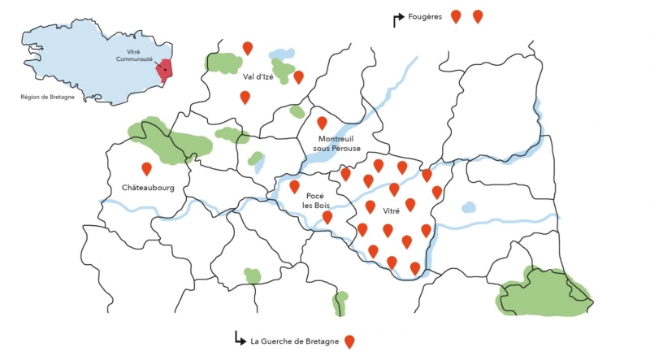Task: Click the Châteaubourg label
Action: pyautogui.click(x=147, y=186)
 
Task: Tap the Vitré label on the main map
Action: pyautogui.click(x=392, y=211)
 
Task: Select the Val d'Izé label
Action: pyautogui.click(x=258, y=77)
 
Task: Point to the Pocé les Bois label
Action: pyautogui.click(x=314, y=201)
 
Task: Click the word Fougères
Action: pyautogui.click(x=426, y=17)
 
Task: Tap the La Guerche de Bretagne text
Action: pyautogui.click(x=295, y=341)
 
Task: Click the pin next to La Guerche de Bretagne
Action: pyautogui.click(x=349, y=341)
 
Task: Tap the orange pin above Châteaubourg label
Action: pyautogui.click(x=147, y=168)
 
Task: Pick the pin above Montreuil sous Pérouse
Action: pyautogui.click(x=322, y=123)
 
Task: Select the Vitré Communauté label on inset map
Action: pyautogui.click(x=128, y=55)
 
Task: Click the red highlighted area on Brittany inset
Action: pyautogui.click(x=165, y=70)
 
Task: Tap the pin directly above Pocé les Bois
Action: pyautogui.click(x=295, y=186)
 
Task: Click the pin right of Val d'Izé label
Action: pyautogui.click(x=298, y=76)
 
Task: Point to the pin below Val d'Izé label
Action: pyautogui.click(x=245, y=97)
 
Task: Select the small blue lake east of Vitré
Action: pyautogui.click(x=469, y=207)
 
